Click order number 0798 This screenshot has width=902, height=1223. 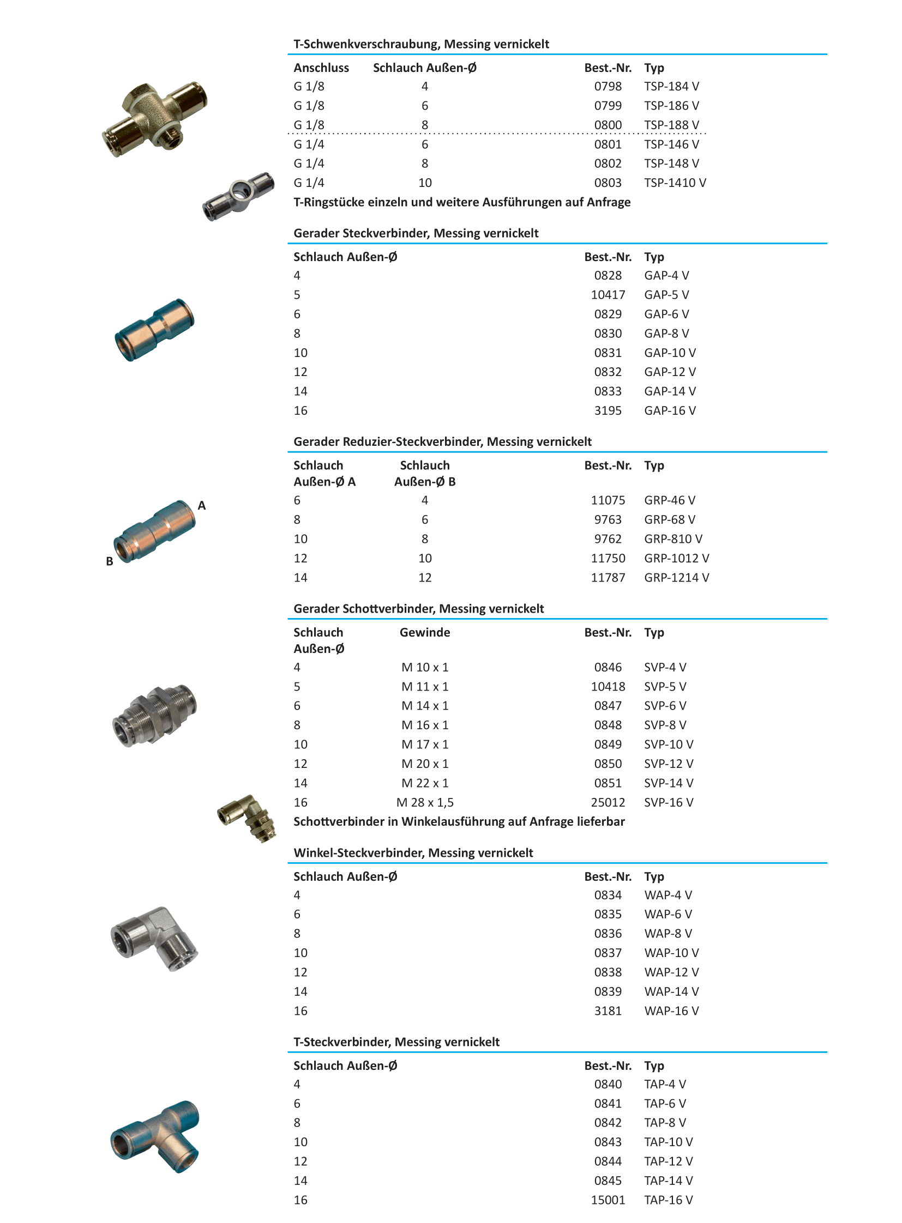tap(607, 86)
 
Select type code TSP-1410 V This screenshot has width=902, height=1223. tap(674, 183)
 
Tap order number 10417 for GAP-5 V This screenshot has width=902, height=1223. tap(607, 295)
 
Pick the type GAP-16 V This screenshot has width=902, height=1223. tap(669, 410)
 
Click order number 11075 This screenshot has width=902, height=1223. tap(607, 500)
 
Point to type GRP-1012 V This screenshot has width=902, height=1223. tap(676, 558)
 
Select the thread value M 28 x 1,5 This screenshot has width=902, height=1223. tap(424, 802)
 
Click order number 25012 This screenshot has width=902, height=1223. tap(607, 802)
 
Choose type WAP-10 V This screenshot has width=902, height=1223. tap(671, 953)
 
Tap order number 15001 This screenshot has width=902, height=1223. tap(607, 1200)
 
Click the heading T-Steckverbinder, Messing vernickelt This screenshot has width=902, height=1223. tap(396, 1042)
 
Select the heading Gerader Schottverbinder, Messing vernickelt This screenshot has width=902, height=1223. tap(418, 608)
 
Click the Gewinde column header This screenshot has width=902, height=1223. tap(424, 633)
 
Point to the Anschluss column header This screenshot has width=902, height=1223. tap(321, 68)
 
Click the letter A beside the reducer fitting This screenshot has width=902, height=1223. tap(201, 505)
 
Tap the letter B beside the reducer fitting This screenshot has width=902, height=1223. tap(109, 561)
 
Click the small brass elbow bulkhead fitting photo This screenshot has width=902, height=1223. tap(248, 817)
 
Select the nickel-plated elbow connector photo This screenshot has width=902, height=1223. tap(154, 938)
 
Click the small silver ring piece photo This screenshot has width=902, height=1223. tap(239, 193)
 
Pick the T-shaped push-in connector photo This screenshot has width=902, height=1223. tap(155, 1136)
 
